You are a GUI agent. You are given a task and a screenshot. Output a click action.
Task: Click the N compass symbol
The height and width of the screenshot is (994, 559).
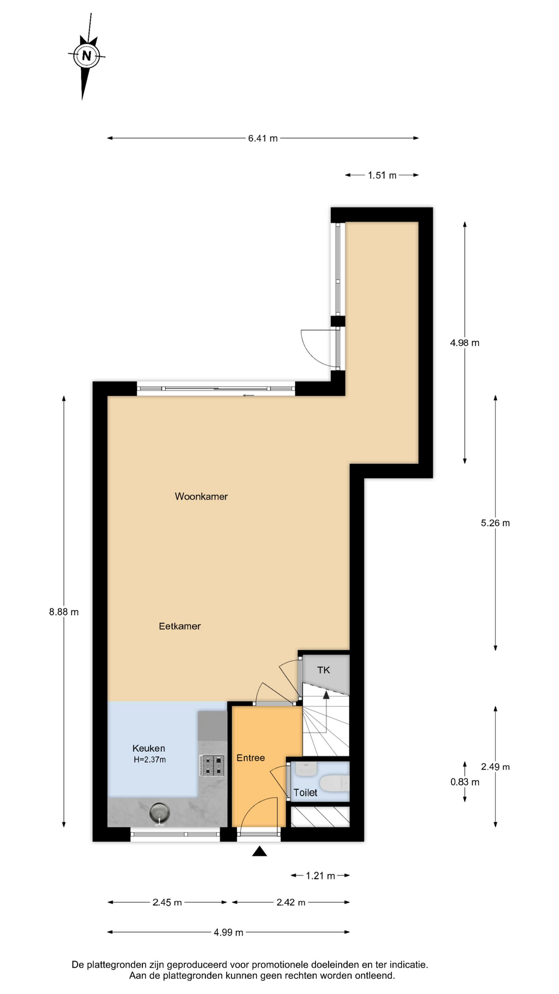pyautogui.click(x=86, y=55)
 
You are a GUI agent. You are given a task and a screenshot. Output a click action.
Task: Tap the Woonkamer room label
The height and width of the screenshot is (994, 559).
pyautogui.click(x=201, y=496)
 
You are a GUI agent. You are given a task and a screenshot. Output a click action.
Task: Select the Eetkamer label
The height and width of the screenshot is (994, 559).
pyautogui.click(x=180, y=626)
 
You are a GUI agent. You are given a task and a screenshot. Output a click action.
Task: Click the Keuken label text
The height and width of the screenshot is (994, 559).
pyautogui.click(x=149, y=748)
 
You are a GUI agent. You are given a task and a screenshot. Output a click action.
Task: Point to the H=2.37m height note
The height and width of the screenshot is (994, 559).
pyautogui.click(x=150, y=760)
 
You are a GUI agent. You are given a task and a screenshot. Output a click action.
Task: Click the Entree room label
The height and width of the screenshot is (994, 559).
pyautogui.click(x=251, y=758)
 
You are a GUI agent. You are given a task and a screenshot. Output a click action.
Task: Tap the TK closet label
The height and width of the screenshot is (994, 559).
pyautogui.click(x=323, y=670)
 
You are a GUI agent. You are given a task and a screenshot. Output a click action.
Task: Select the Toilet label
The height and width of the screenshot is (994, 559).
pyautogui.click(x=305, y=793)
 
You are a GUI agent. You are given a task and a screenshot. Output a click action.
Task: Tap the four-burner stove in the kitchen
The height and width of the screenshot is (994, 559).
pyautogui.click(x=213, y=765)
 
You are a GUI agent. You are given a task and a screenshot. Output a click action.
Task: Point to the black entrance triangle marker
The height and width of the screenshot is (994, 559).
pyautogui.click(x=259, y=851)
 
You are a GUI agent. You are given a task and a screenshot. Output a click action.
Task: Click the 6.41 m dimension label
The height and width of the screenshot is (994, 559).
pyautogui.click(x=263, y=138)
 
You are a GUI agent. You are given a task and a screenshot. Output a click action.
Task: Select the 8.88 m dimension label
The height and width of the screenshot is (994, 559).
pyautogui.click(x=64, y=612)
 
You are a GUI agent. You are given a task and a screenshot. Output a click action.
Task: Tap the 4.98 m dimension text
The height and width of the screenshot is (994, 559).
pyautogui.click(x=465, y=343)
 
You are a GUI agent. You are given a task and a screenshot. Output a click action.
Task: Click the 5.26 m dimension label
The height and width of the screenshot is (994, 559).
pyautogui.click(x=495, y=523)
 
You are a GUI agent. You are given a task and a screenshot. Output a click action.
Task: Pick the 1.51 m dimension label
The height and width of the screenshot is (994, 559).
pyautogui.click(x=382, y=176)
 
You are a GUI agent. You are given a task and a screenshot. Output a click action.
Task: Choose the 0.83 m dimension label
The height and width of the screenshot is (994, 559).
pyautogui.click(x=465, y=782)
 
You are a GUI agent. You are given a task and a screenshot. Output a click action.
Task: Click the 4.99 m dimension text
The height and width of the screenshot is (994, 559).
pyautogui.click(x=228, y=932)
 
